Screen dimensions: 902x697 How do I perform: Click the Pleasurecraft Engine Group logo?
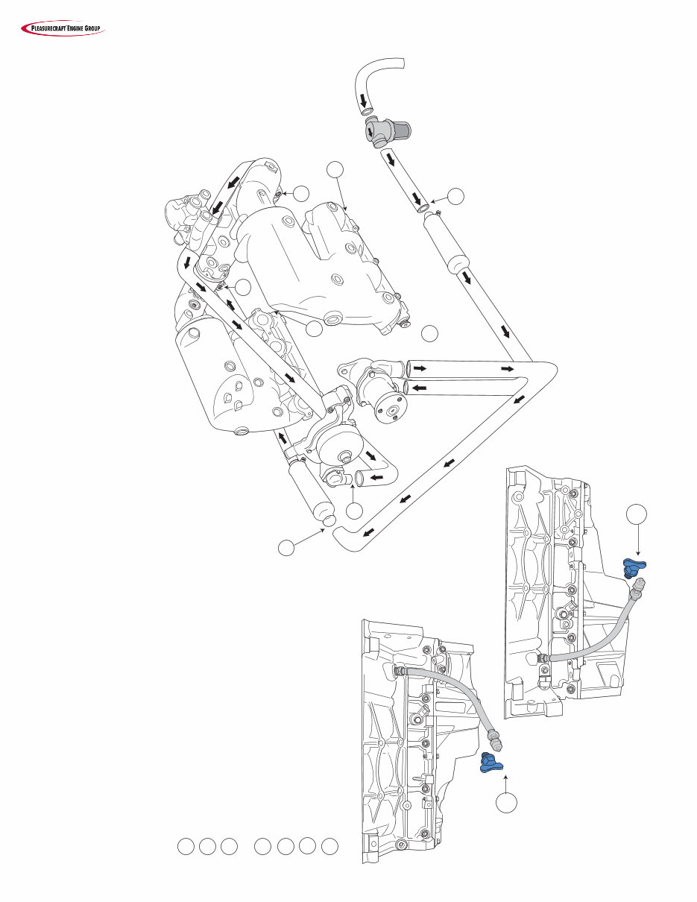[62, 29]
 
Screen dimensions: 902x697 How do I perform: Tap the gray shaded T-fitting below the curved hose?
[379, 133]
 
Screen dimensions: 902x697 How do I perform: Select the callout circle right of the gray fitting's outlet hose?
[457, 196]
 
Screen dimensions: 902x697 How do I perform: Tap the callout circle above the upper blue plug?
[636, 514]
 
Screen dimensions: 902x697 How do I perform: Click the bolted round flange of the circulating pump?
[390, 406]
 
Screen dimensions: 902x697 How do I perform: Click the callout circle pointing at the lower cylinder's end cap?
[287, 548]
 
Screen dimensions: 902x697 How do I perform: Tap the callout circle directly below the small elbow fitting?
[355, 511]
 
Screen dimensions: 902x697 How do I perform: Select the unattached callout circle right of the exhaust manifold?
[429, 333]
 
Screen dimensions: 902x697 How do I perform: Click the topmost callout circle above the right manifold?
[336, 170]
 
